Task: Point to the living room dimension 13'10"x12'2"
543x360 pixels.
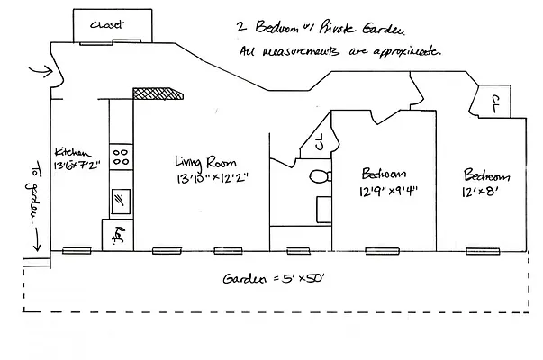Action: [212, 179]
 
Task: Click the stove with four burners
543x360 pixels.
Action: [120, 158]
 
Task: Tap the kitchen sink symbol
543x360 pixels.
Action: [120, 200]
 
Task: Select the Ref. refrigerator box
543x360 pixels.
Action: [120, 236]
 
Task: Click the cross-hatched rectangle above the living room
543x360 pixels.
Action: [157, 93]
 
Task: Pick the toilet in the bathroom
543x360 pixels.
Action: [317, 176]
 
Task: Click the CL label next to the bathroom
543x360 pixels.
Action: [320, 141]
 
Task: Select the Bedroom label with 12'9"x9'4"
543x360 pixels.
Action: [384, 174]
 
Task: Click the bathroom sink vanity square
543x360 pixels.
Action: [324, 210]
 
